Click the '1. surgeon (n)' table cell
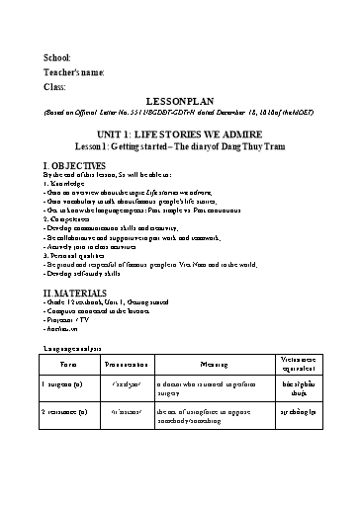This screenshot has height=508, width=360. [64, 408]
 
